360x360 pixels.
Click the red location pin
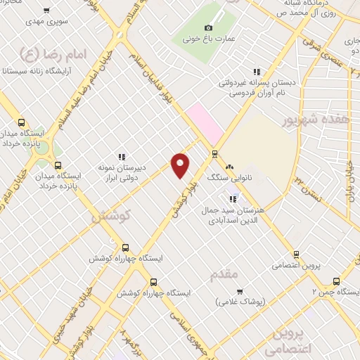coord(181,164)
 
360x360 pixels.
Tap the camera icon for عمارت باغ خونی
coord(208,27)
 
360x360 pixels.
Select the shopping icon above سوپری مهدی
coord(46,11)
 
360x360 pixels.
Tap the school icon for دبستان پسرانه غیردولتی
coord(257,71)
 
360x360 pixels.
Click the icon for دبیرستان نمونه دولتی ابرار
coord(122,157)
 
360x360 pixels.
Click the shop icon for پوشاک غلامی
coord(239,291)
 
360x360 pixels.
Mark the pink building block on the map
coord(205,120)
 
